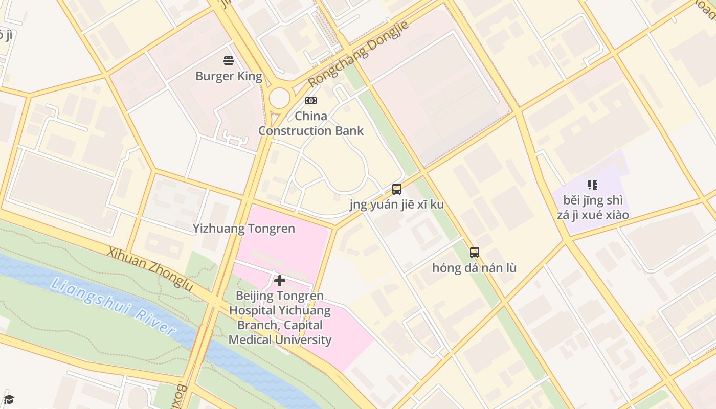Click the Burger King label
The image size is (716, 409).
tap(229, 77)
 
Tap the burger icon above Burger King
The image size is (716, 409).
tap(229, 61)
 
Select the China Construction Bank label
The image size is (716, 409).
tap(310, 123)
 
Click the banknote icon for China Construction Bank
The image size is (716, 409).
tap(310, 101)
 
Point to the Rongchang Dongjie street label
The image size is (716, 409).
tap(359, 54)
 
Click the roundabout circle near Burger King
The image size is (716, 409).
tap(279, 98)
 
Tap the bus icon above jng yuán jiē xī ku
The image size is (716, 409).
tap(397, 189)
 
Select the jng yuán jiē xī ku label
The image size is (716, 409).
tap(397, 204)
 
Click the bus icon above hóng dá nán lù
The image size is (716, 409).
tap(475, 252)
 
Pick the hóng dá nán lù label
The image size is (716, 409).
tap(475, 268)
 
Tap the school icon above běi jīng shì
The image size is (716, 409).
tap(593, 185)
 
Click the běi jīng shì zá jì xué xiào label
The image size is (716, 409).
tap(593, 208)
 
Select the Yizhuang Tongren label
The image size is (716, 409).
tap(244, 229)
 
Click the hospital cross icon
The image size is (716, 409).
tap(280, 280)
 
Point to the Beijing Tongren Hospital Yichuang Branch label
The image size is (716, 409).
tap(280, 317)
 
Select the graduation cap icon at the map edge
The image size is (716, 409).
tap(9, 399)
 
